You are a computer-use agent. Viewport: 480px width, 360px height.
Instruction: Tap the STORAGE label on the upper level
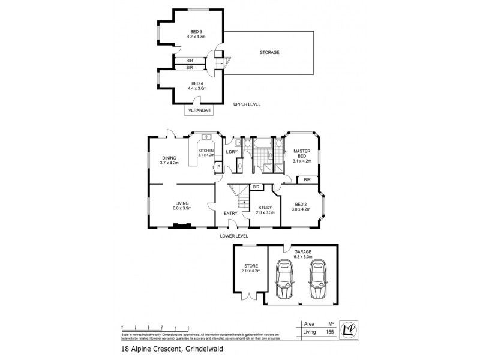coord(269,52)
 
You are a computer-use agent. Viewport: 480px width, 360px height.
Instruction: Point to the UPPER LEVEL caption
coord(247,104)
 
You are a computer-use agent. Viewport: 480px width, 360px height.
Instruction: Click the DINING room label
coord(169,158)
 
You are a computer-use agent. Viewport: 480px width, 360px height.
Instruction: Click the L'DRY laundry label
coord(232,151)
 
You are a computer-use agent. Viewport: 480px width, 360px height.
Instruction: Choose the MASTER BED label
coord(301,154)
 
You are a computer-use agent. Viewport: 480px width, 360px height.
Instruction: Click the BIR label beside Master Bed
coord(307,179)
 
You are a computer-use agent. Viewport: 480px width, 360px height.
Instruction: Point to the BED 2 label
coord(301,206)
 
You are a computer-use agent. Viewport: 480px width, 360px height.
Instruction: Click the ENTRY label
coord(231,213)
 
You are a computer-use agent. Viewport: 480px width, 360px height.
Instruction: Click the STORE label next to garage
coord(250,265)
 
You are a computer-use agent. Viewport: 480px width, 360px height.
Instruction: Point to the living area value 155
coord(329,331)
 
